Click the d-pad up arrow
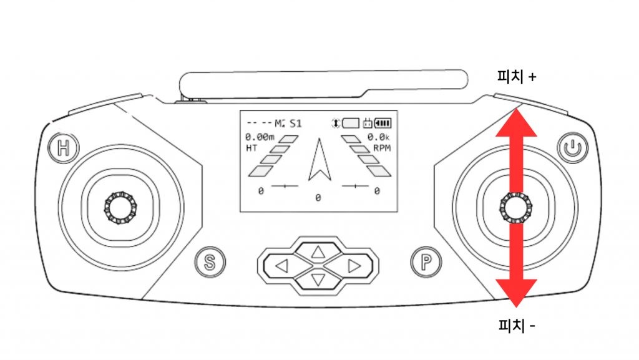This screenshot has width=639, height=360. [318, 252]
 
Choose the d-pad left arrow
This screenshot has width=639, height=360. [281, 266]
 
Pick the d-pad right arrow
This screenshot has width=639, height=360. [354, 266]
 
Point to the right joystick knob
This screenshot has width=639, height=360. [515, 207]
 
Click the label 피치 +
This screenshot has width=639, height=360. [517, 77]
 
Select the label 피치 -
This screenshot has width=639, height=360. [517, 325]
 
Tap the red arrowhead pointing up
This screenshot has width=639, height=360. [516, 124]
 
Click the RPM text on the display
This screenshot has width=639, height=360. [381, 148]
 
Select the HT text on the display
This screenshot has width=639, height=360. [251, 148]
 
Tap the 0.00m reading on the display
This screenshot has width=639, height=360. [260, 137]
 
